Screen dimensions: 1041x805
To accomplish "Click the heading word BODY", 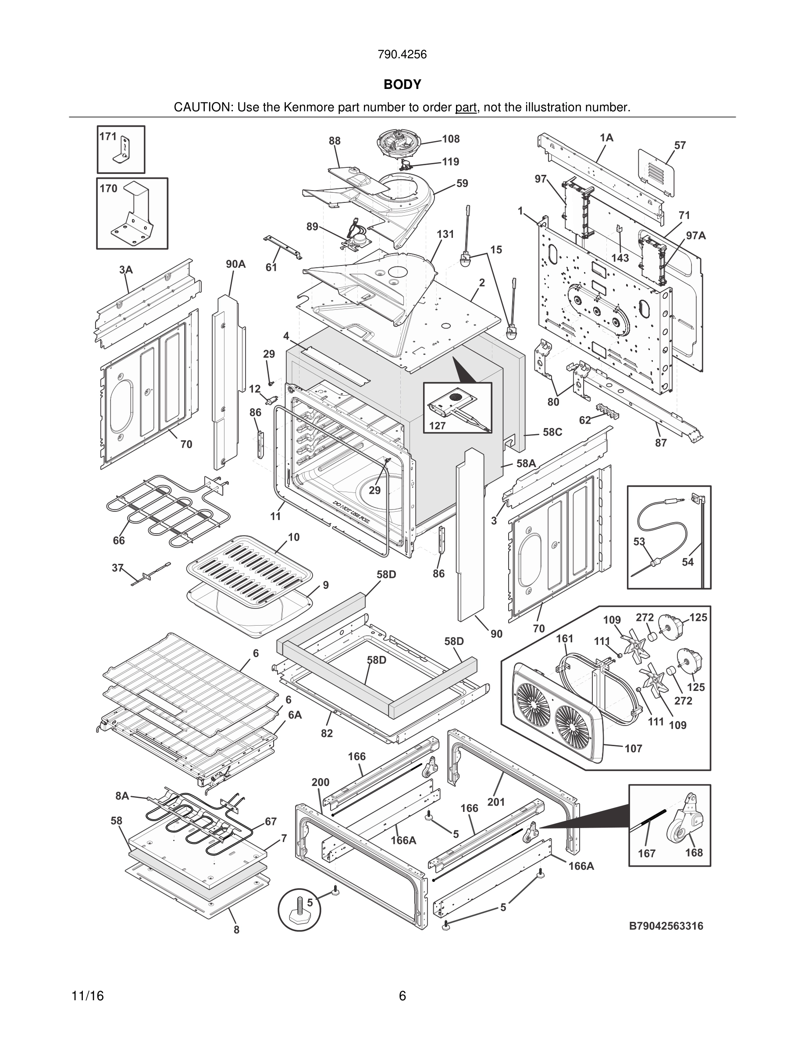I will [402, 85].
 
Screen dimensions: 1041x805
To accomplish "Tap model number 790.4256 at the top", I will [402, 55].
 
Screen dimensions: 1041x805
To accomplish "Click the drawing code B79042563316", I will [666, 926].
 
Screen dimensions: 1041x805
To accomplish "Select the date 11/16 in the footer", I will [87, 996].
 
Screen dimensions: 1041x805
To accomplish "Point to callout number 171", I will [108, 136].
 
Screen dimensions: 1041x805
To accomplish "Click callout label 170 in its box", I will [108, 189].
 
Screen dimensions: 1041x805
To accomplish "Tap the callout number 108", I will [451, 139].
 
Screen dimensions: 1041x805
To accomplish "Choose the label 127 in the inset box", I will [437, 426].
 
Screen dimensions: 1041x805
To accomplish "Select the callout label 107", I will [633, 748].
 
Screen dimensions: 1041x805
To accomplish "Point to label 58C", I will [552, 432].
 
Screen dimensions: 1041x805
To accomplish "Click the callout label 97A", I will [696, 235].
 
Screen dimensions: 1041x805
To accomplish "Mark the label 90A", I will [235, 264].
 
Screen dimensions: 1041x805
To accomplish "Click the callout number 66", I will [119, 540].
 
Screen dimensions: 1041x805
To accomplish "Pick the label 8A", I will [122, 796].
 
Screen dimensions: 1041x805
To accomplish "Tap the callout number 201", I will [496, 802].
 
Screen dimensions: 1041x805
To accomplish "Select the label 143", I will [620, 258].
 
